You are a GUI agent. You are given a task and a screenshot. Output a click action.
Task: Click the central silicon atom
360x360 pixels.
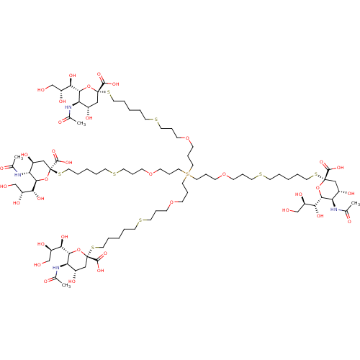[187, 174]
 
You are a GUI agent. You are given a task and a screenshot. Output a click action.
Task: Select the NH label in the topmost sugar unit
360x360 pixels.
[68, 108]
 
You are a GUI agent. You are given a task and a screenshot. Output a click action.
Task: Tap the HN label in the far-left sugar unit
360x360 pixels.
[17, 174]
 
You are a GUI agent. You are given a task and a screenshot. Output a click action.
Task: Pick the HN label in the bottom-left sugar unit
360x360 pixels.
[55, 268]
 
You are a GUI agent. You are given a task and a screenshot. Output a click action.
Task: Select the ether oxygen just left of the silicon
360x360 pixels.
[150, 173]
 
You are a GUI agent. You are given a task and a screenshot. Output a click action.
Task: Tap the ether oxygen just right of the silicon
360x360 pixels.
[225, 174]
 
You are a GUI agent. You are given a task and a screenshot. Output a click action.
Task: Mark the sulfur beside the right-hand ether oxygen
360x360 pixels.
[261, 175]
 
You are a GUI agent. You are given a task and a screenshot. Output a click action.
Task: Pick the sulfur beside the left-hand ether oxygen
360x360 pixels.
[112, 173]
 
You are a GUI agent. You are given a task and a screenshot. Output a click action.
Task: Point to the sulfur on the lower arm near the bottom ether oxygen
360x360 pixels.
[139, 220]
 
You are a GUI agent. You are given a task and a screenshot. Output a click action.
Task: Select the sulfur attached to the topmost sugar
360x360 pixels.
[109, 93]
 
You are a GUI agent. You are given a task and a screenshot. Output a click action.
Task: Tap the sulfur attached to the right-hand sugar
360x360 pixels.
[314, 175]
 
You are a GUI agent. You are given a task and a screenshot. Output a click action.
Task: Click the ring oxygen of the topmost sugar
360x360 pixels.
[89, 86]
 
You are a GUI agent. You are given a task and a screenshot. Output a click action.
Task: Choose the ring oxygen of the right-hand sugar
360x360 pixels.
[318, 187]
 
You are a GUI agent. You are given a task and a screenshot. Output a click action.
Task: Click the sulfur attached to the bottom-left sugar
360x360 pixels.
[94, 248]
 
